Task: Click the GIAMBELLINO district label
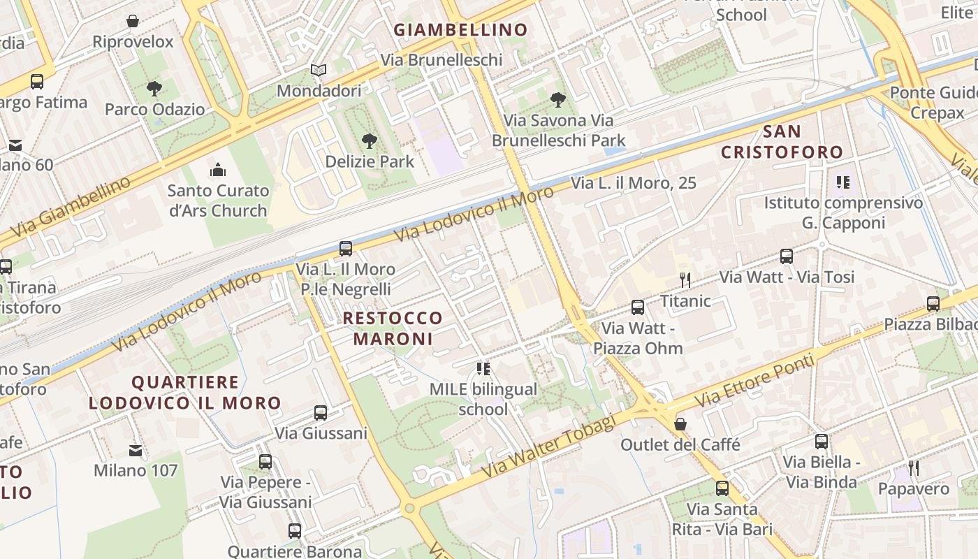(460, 30)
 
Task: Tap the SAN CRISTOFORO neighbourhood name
(782, 142)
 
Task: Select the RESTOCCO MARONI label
(393, 328)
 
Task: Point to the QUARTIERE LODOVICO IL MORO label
(184, 393)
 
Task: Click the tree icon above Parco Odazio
(154, 89)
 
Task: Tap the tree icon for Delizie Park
(370, 141)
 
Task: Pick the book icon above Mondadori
(319, 71)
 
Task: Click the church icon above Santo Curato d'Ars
(218, 170)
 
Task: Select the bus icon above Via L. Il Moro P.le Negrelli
(346, 248)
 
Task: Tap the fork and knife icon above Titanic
(685, 280)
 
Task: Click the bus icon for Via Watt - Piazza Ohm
(638, 307)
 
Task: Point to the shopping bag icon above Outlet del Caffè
(680, 424)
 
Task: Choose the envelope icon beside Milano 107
(136, 451)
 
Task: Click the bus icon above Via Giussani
(321, 413)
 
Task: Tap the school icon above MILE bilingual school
(483, 368)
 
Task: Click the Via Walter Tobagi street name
(548, 447)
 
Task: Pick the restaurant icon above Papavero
(914, 468)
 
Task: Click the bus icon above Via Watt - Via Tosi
(787, 256)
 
